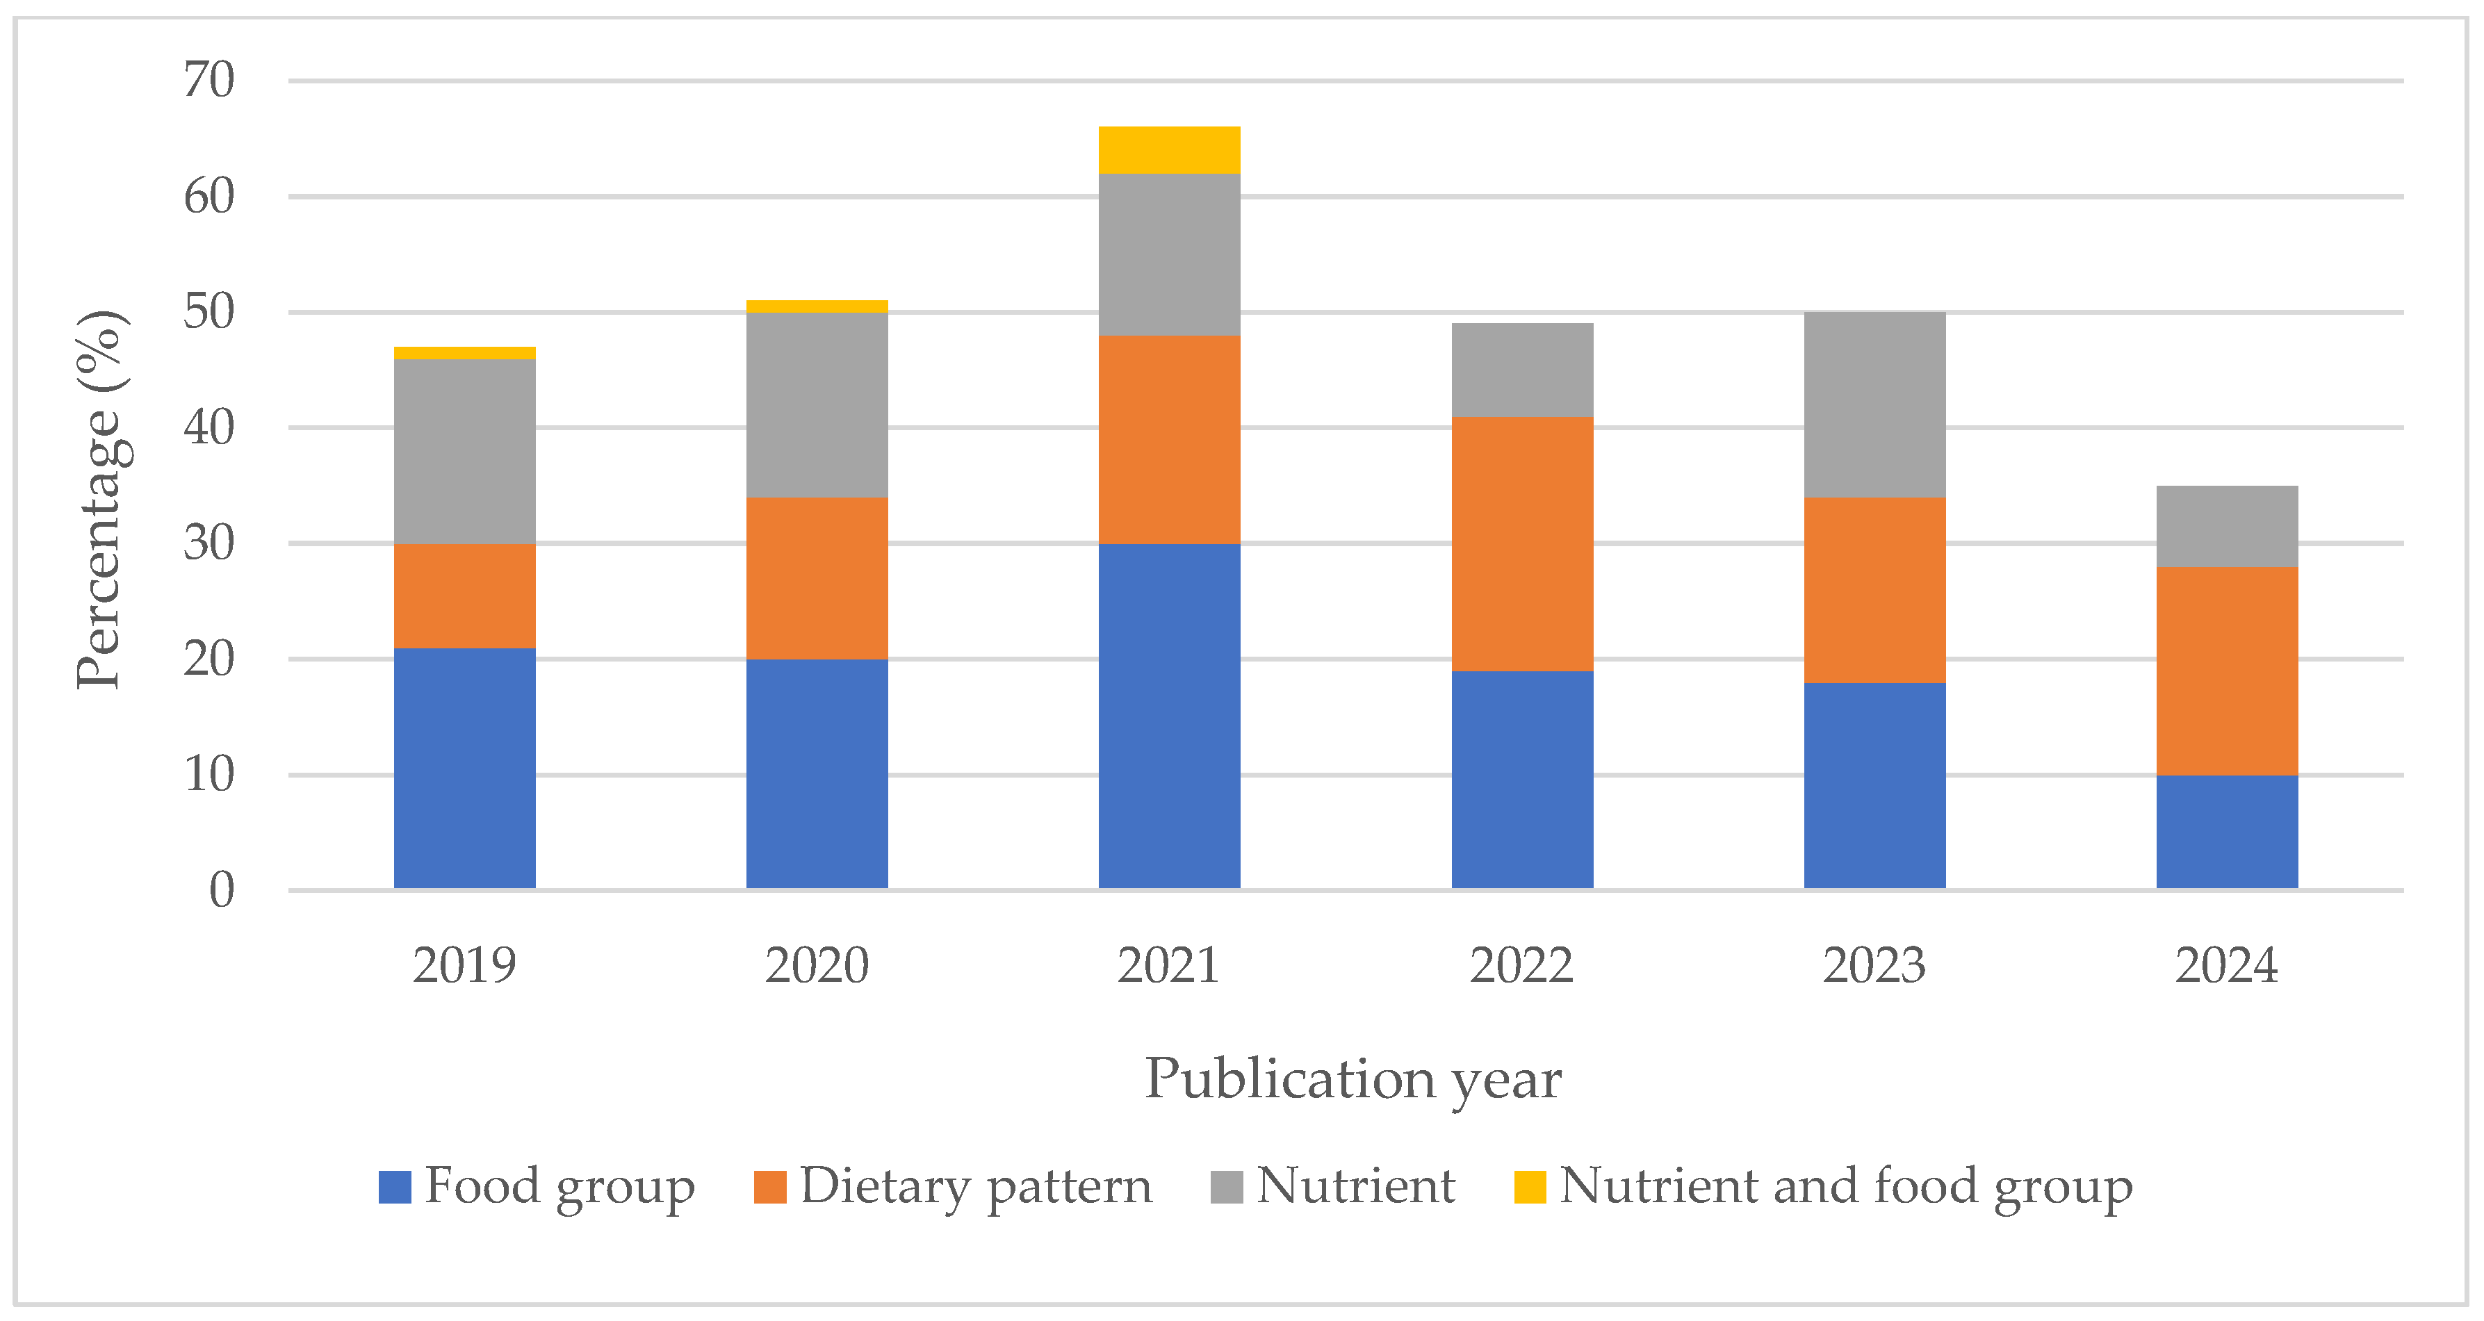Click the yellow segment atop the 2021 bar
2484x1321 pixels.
tap(1169, 150)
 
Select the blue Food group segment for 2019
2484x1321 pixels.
tap(465, 768)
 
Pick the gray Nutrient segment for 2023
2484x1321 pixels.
tap(1874, 405)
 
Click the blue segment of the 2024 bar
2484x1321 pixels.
tap(2227, 831)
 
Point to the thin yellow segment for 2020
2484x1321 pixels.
tap(817, 306)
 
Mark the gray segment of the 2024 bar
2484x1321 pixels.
tap(2227, 527)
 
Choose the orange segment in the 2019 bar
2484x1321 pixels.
tap(465, 596)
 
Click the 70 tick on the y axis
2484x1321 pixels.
tap(209, 80)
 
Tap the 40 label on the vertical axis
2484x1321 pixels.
tap(209, 427)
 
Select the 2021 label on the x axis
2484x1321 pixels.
tap(1169, 965)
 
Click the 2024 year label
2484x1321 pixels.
tap(2227, 965)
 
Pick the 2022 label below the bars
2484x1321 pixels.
tap(1521, 965)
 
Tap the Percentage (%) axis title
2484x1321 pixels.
tap(100, 500)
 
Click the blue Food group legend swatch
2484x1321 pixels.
tap(394, 1187)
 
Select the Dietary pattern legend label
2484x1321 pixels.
tap(976, 1186)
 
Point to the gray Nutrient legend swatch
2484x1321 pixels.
tap(1227, 1187)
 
